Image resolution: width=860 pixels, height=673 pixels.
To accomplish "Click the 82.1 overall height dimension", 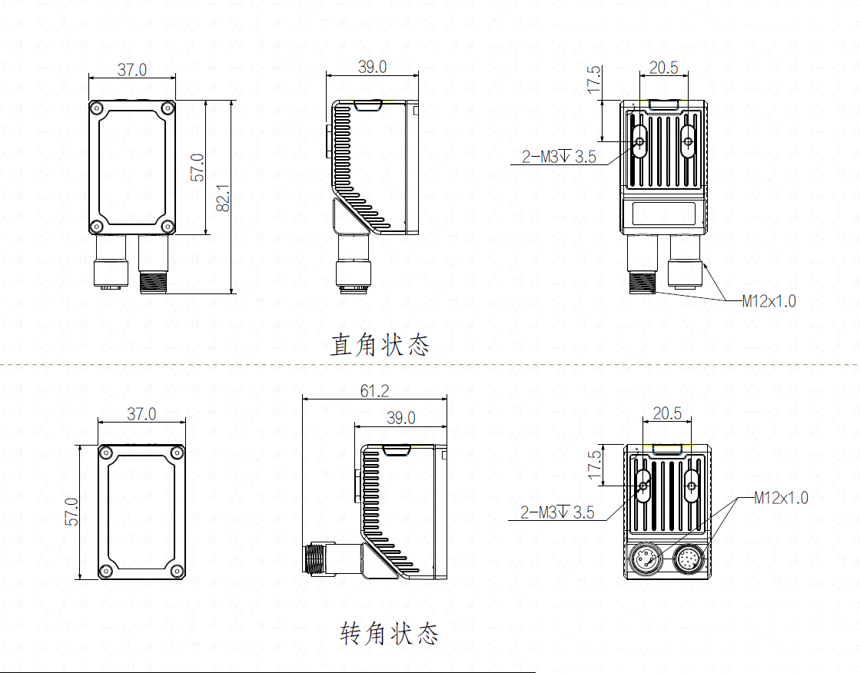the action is [223, 197].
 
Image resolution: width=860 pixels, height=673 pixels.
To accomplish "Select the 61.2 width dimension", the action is [374, 390].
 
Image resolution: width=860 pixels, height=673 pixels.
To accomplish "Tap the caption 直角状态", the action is [380, 345].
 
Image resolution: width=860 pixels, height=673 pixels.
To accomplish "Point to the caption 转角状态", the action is [390, 634].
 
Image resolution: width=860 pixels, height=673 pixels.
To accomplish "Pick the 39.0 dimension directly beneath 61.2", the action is [401, 418].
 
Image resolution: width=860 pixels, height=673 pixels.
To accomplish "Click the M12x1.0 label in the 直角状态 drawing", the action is [769, 301].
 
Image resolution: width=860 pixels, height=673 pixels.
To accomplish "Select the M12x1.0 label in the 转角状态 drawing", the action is [781, 498].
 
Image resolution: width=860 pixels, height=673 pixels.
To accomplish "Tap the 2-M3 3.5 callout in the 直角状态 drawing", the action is [559, 157].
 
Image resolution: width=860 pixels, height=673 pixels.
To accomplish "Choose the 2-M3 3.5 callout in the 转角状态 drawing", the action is [557, 512].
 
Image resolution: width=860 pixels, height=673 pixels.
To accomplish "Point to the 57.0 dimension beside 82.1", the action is [198, 167].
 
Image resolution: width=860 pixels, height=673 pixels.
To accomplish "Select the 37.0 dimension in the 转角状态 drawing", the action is [141, 413].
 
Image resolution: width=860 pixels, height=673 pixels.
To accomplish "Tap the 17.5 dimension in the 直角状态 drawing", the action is [594, 80].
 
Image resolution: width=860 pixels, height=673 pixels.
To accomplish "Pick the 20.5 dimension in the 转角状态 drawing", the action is [667, 413].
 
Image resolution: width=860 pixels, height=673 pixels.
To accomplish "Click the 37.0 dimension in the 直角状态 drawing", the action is [132, 70].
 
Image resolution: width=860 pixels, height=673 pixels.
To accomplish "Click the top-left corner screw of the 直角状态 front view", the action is [97, 108].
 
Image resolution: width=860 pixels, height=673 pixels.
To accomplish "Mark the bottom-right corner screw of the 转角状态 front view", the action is [177, 571].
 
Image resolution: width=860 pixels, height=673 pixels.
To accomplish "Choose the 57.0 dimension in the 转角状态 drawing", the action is [71, 511].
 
